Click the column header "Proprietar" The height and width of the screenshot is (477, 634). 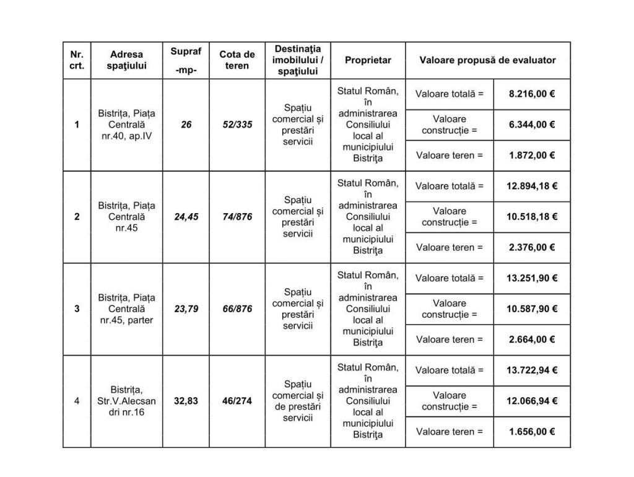(x=368, y=60)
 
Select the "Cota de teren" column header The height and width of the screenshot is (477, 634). (x=237, y=60)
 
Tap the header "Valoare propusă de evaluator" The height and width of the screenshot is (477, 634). (x=487, y=60)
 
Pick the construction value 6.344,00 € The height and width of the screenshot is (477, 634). (x=531, y=125)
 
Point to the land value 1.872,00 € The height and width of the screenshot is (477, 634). (x=531, y=155)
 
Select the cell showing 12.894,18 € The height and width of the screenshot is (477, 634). (x=531, y=186)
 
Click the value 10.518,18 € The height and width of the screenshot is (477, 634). (x=531, y=217)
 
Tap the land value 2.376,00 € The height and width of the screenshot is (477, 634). (x=531, y=247)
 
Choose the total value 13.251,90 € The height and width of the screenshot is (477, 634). (x=531, y=278)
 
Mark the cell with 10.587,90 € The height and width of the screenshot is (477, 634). (x=531, y=309)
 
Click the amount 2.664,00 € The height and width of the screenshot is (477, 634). (x=531, y=339)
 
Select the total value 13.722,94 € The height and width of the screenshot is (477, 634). (x=531, y=370)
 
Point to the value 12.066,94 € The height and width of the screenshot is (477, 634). (x=531, y=401)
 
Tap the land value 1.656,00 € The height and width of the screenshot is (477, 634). (x=531, y=432)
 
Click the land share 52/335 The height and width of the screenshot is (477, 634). (x=237, y=125)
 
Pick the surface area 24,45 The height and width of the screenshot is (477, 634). (x=186, y=217)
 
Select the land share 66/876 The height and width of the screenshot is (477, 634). (x=237, y=309)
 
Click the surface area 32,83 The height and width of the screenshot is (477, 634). (x=186, y=401)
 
